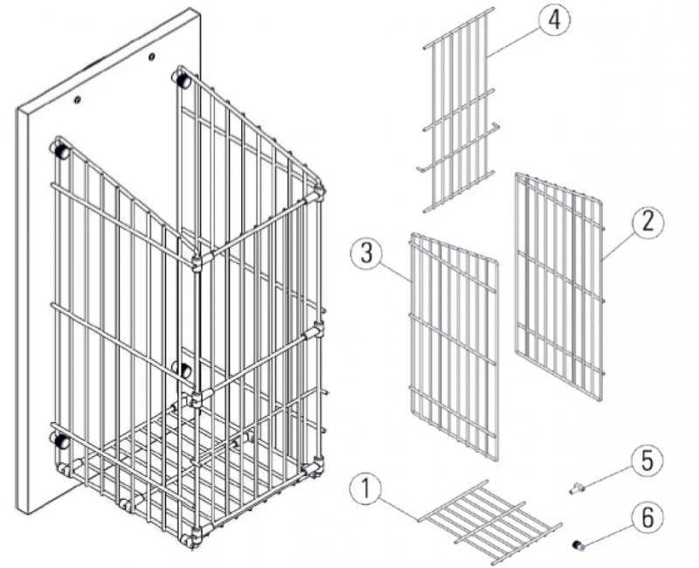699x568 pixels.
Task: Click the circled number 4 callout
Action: tap(554, 20)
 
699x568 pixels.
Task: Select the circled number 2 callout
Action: tap(647, 222)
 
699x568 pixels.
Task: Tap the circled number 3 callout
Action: tap(366, 253)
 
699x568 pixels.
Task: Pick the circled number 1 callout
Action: tap(365, 489)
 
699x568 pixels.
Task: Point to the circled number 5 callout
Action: tap(647, 460)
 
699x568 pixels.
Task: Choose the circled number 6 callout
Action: tap(647, 517)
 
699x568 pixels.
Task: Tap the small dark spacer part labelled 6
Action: tap(578, 544)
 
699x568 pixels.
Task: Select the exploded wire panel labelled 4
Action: tap(460, 110)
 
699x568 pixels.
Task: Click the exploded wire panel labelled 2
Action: tap(559, 287)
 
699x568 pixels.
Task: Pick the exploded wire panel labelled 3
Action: tap(453, 346)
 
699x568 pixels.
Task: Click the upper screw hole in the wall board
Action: tap(152, 57)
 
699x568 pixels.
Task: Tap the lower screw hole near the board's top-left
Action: tap(78, 100)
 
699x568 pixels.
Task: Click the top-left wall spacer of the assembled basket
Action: tap(61, 150)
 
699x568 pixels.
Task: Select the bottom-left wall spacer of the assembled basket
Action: tap(61, 440)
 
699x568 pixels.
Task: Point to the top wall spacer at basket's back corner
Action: tap(183, 80)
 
